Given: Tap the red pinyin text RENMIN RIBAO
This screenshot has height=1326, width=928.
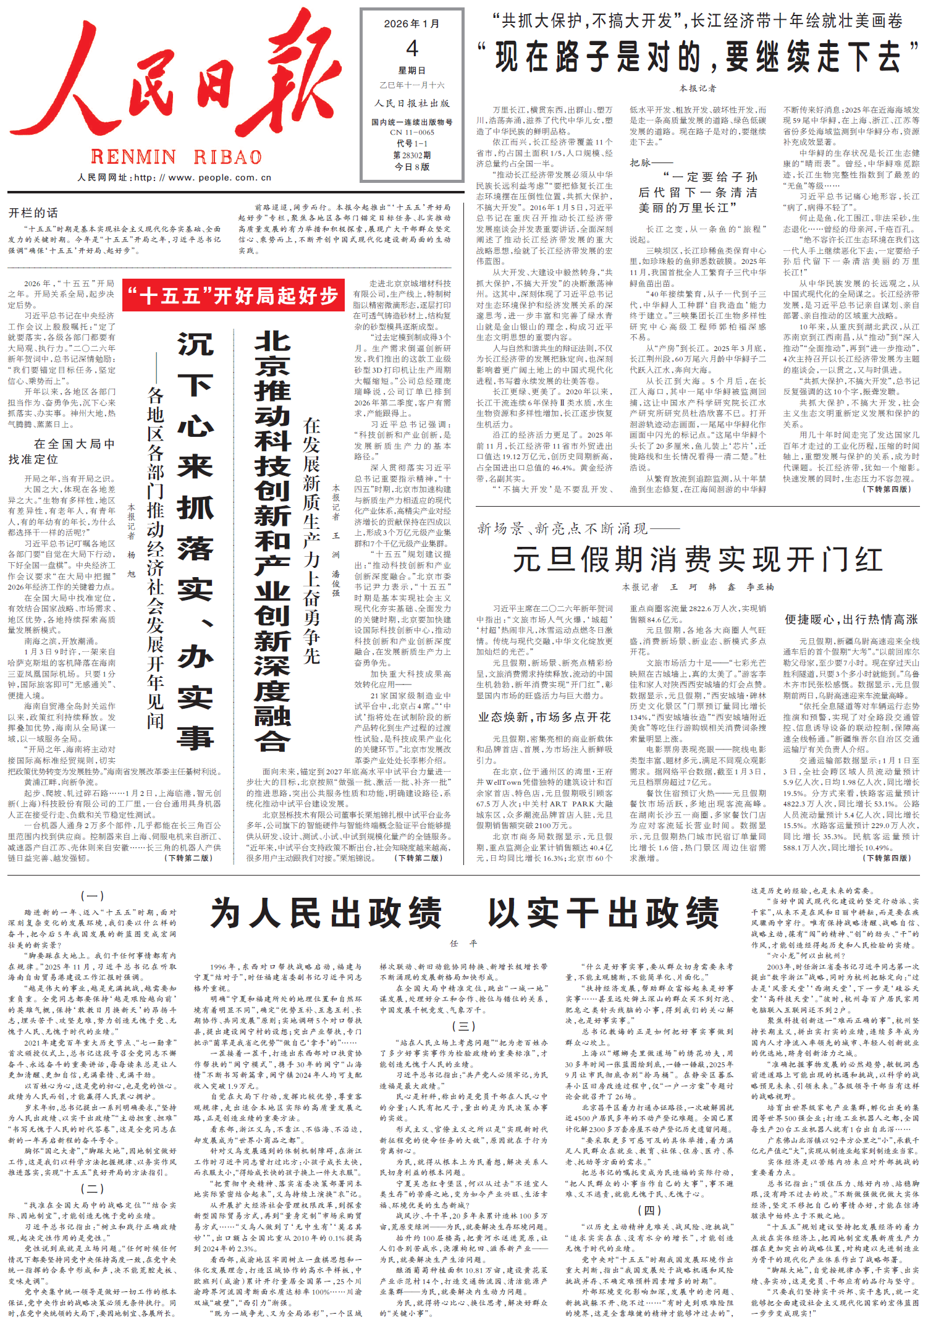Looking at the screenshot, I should point(176,157).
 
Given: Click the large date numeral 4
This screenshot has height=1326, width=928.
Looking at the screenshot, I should point(412,48).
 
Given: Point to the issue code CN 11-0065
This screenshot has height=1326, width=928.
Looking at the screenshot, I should point(412,132).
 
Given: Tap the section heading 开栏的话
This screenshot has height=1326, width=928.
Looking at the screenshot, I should point(33,213).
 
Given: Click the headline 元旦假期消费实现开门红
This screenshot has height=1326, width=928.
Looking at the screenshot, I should point(697,560).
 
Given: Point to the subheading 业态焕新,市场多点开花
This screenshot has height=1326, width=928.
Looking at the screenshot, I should point(544,717).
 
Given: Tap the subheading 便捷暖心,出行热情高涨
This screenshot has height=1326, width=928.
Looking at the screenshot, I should point(851,619).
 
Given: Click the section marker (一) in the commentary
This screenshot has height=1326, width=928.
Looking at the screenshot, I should point(92,896).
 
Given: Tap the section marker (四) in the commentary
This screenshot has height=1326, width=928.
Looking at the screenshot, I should point(649,1210).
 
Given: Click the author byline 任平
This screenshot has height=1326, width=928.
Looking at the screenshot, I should point(464,944).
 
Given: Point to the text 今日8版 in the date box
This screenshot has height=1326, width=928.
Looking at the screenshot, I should point(412,167).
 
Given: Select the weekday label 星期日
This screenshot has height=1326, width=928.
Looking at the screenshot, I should point(412,70).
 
